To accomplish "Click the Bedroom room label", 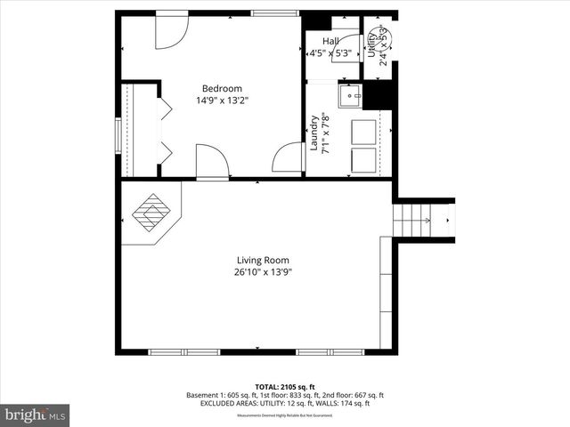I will [222, 88].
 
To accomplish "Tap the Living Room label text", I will [256, 260].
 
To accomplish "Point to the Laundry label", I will [314, 133].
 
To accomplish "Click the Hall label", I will [330, 41].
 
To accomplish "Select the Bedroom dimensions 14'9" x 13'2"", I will [222, 101].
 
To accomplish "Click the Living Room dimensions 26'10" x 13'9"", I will [257, 272].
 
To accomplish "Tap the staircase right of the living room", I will [414, 218].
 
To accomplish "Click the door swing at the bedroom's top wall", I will [171, 30].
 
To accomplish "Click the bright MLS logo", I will [35, 415].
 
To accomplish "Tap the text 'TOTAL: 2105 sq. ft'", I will [285, 387].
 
